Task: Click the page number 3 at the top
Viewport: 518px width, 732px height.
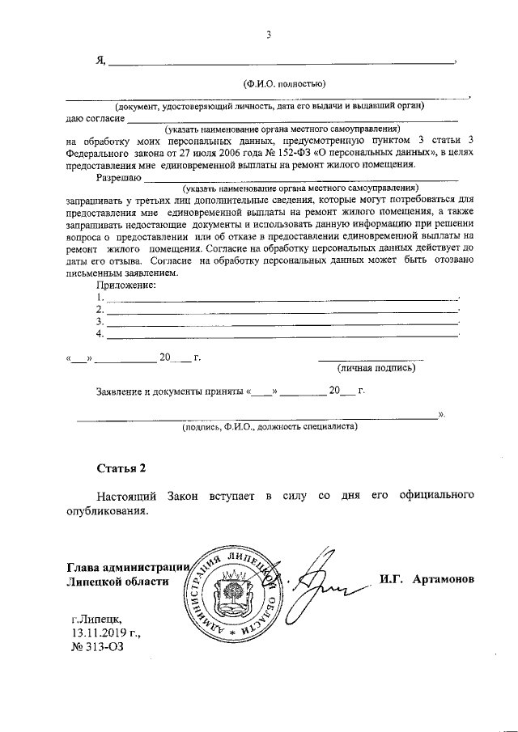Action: (x=268, y=35)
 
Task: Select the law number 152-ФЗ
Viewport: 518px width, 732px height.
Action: (x=304, y=151)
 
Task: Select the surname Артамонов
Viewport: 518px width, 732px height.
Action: (x=442, y=580)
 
